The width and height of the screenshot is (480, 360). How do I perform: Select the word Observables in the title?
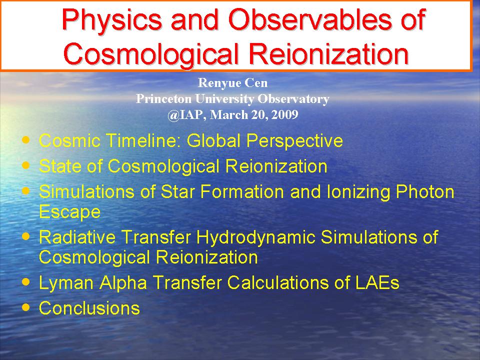310,19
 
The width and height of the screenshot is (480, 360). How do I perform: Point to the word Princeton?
164,98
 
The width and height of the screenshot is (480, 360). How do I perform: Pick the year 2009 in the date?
284,114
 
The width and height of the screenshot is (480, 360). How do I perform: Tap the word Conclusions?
89,308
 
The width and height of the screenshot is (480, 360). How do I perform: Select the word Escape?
70,212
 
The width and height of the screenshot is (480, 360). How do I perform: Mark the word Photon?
425,192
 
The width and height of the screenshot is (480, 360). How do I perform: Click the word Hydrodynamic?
255,237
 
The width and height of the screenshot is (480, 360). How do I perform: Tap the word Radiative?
77,237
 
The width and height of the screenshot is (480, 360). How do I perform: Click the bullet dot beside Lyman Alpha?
26,281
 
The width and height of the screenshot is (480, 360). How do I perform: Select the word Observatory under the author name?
293,98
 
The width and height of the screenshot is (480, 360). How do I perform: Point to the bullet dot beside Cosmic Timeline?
26,140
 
